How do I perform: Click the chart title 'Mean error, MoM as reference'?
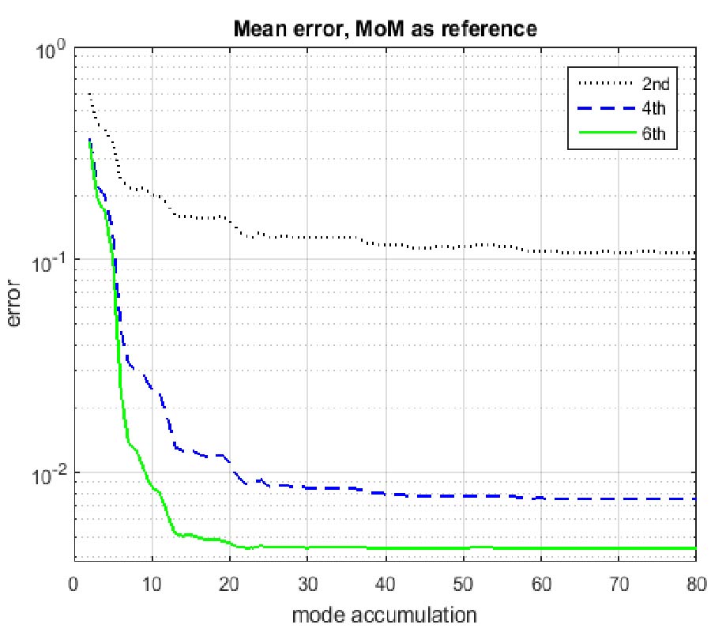(386, 30)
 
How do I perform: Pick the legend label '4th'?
(655, 107)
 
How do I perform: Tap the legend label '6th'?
(655, 134)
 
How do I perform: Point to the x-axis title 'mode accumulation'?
(385, 614)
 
